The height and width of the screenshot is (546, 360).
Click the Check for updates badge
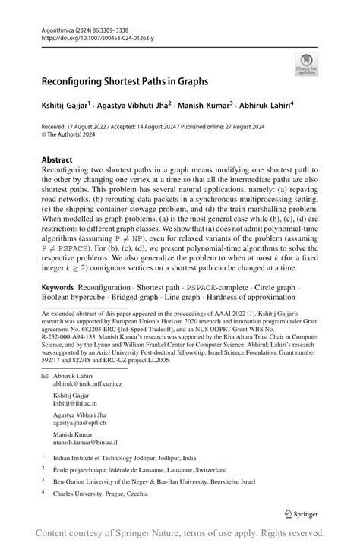pyautogui.click(x=306, y=64)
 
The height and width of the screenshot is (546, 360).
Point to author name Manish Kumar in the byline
pyautogui.click(x=209, y=106)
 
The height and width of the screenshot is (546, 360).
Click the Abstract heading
pyautogui.click(x=57, y=160)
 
